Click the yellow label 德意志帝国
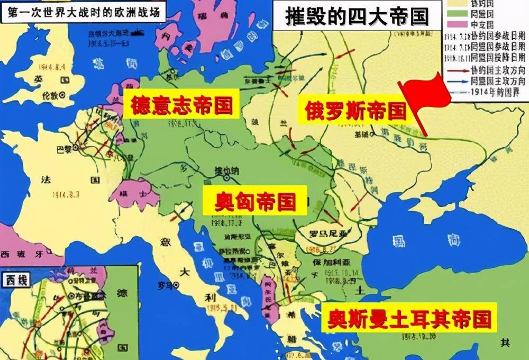(x=180, y=105)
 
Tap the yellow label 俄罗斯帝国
(x=355, y=111)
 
